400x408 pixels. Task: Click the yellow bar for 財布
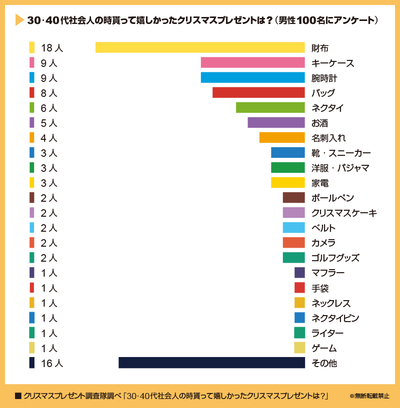pyautogui.click(x=200, y=47)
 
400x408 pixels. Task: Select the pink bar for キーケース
pyautogui.click(x=252, y=62)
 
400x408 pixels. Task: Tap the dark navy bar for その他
pyautogui.click(x=211, y=363)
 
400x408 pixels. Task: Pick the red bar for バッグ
pyautogui.click(x=258, y=92)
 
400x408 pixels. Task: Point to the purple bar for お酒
pyautogui.click(x=276, y=122)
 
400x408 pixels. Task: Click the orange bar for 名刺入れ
pyautogui.click(x=282, y=137)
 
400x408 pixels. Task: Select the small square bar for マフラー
pyautogui.click(x=299, y=273)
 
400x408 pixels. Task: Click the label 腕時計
pyautogui.click(x=324, y=78)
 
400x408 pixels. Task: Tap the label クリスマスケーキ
pyautogui.click(x=343, y=213)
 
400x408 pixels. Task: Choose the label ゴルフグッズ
pyautogui.click(x=335, y=258)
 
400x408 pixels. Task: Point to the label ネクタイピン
pyautogui.click(x=335, y=318)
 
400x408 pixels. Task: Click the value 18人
pyautogui.click(x=52, y=48)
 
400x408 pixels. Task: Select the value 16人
pyautogui.click(x=52, y=363)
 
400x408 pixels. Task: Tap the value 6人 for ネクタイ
pyautogui.click(x=49, y=108)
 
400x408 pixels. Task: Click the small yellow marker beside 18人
pyautogui.click(x=32, y=47)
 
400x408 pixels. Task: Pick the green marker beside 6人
pyautogui.click(x=32, y=107)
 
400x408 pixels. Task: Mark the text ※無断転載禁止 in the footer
pyautogui.click(x=368, y=396)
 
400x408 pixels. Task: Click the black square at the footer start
pyautogui.click(x=18, y=396)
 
